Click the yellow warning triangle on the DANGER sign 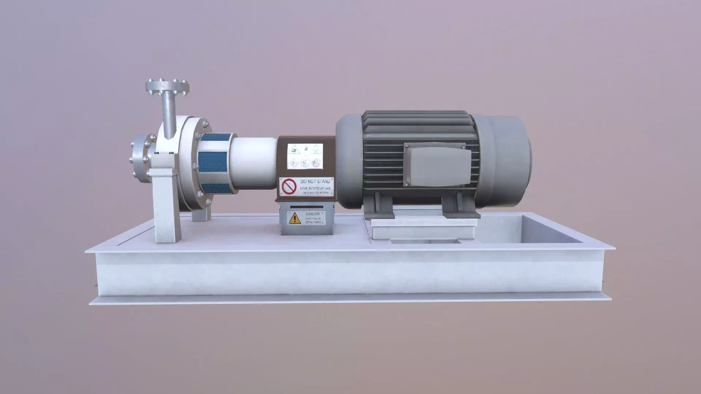294,219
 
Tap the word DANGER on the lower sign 313,214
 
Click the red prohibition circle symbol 289,186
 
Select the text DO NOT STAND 316,181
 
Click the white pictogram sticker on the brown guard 306,156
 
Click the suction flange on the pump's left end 140,159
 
